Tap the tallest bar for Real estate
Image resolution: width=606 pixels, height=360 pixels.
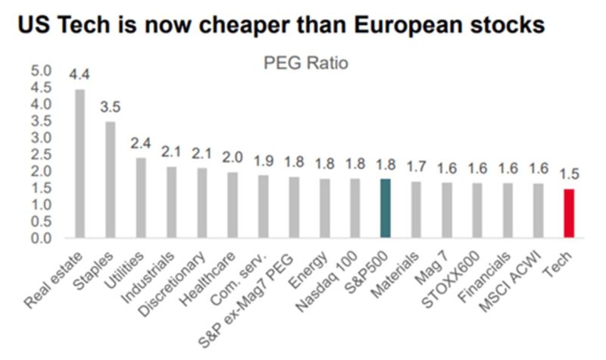(x=80, y=164)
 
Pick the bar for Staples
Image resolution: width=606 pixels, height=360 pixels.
(x=111, y=180)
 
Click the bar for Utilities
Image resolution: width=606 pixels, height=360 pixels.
(x=141, y=198)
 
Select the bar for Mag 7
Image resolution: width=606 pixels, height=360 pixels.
(x=446, y=211)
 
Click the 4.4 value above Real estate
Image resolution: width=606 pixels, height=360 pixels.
(x=80, y=75)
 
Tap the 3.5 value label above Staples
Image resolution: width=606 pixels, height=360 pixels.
(x=111, y=107)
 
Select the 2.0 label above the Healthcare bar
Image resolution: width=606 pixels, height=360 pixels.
(x=233, y=158)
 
